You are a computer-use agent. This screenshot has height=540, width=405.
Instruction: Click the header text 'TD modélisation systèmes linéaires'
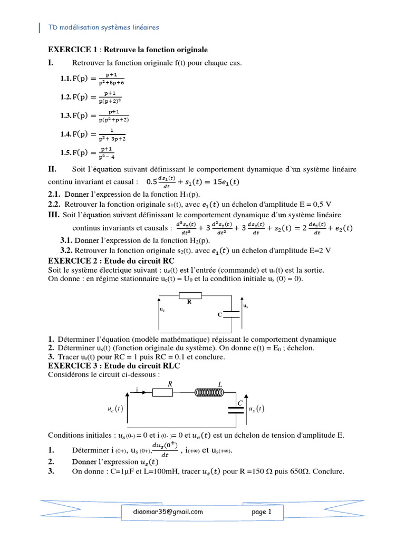point(103,27)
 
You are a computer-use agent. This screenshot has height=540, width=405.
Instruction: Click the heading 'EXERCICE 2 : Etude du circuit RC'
point(111,261)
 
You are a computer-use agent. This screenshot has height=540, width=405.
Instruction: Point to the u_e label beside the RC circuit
point(162,310)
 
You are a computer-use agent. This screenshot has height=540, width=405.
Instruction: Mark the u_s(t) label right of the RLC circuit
point(256,409)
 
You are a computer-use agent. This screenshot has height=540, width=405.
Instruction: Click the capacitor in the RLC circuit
point(236,410)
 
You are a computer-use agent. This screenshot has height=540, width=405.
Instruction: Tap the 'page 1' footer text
point(262,512)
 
